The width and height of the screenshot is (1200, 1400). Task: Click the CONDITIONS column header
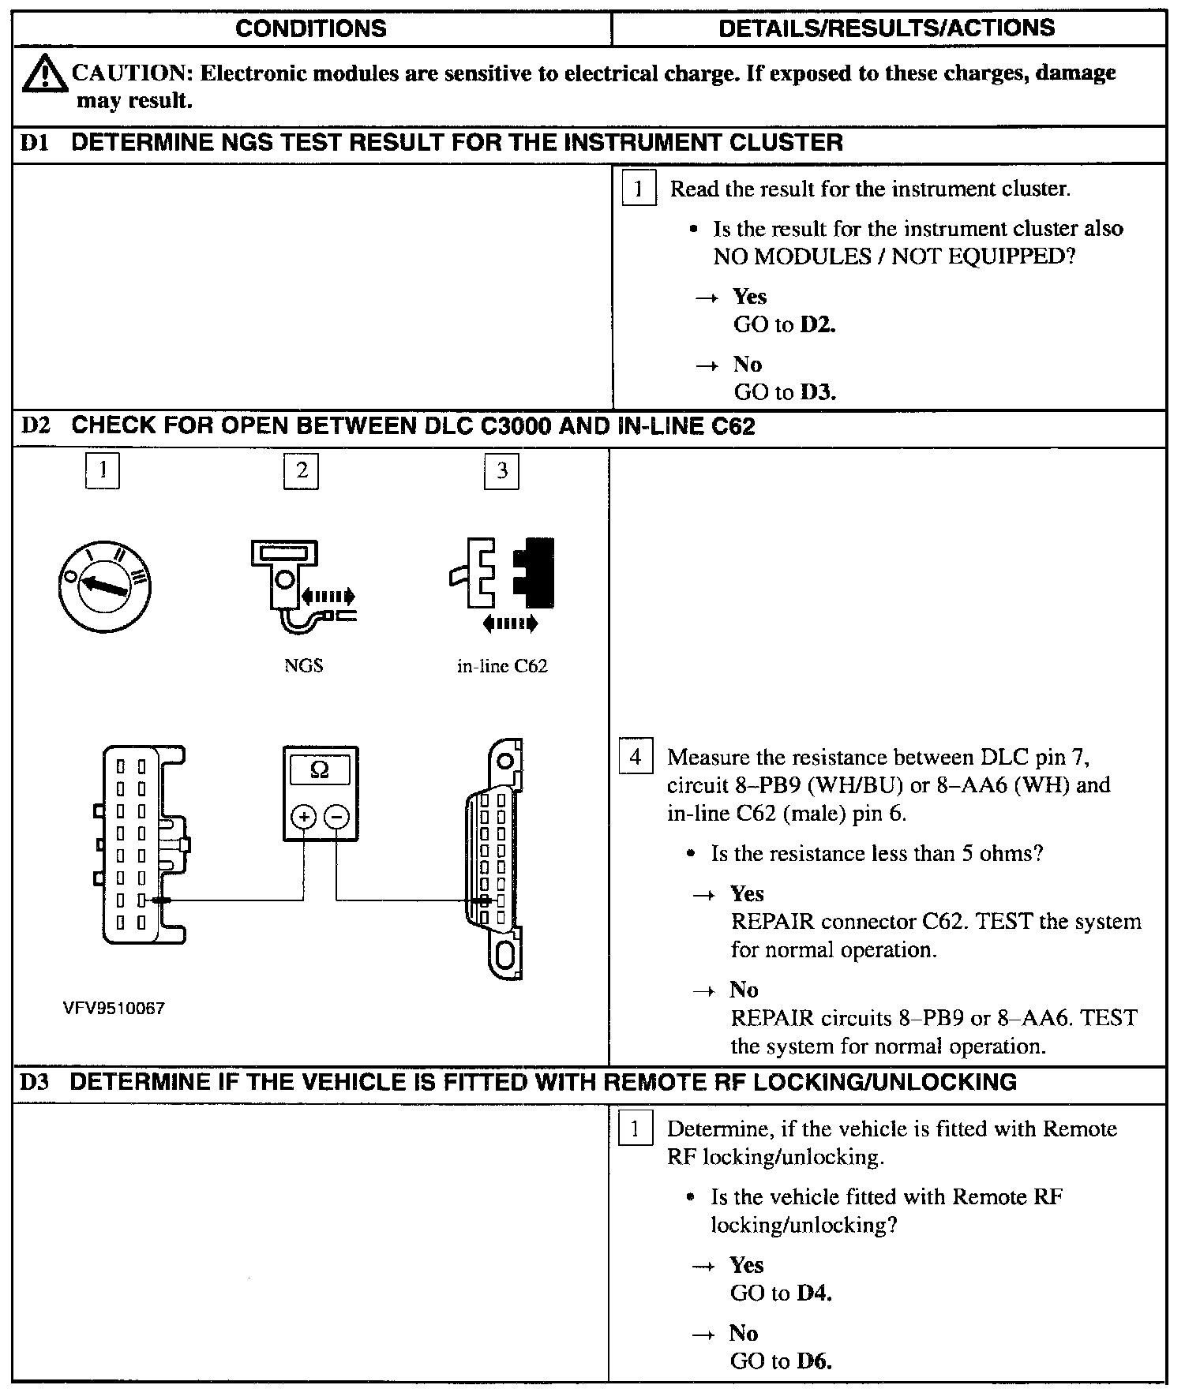click(311, 29)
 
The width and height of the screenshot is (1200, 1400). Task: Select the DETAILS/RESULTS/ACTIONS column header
click(887, 28)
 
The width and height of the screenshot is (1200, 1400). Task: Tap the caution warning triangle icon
click(43, 74)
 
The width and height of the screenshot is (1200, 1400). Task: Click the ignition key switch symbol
click(105, 586)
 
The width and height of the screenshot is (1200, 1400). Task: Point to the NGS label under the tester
click(303, 666)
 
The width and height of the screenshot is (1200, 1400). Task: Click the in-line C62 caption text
click(502, 666)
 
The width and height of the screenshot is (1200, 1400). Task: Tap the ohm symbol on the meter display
click(320, 769)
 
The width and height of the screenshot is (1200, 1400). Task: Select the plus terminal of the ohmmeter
click(304, 817)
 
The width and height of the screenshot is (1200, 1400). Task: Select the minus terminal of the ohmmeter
click(337, 817)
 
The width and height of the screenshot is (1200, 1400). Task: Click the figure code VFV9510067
click(114, 1009)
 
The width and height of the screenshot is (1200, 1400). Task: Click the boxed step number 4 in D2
click(636, 758)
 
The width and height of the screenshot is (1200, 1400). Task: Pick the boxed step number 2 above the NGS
click(302, 471)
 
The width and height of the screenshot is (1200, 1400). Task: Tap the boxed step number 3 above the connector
click(502, 471)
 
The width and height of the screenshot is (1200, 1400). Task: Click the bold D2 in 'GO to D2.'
click(817, 324)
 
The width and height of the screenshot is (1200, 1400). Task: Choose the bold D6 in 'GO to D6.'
click(815, 1361)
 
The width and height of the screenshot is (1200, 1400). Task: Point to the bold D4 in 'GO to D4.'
click(815, 1293)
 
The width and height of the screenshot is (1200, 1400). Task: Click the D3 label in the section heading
click(35, 1082)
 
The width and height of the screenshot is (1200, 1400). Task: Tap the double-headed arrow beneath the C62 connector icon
click(510, 623)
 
